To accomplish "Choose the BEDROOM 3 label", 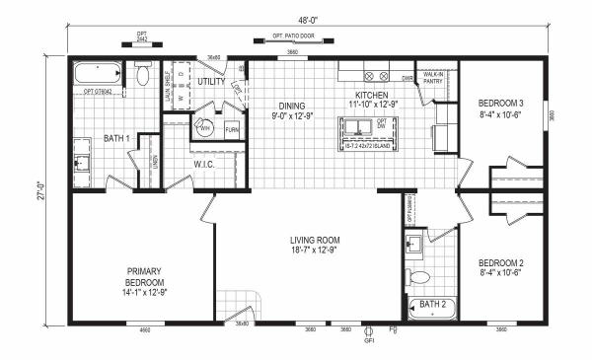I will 499,103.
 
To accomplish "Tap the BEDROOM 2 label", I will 499,263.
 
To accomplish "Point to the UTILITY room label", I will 211,81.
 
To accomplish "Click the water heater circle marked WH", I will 205,126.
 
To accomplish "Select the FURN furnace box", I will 231,128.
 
